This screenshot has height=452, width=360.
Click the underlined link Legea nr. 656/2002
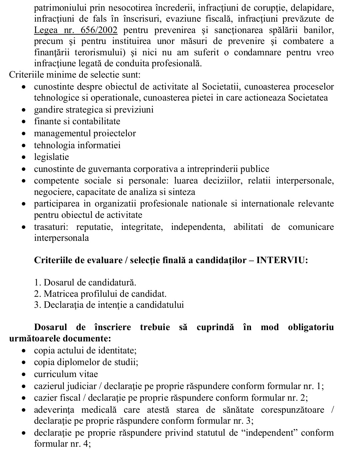[x=76, y=30]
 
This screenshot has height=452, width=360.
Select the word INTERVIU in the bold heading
[x=282, y=260]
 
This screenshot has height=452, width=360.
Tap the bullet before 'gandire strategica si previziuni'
[x=24, y=110]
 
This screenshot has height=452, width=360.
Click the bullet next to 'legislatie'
[x=24, y=157]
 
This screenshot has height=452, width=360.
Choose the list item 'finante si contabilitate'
[x=77, y=121]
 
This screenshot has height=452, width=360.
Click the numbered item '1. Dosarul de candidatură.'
[x=85, y=282]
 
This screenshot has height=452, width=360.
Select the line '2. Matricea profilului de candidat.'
[x=100, y=294]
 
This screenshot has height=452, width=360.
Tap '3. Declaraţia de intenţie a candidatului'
[x=109, y=305]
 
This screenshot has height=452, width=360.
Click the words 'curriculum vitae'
[x=66, y=374]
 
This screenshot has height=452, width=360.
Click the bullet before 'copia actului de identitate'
[x=24, y=351]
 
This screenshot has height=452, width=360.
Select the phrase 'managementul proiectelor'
[x=85, y=133]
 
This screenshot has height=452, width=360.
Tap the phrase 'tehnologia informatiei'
[x=77, y=145]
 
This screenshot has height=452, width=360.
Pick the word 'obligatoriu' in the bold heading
[x=311, y=327]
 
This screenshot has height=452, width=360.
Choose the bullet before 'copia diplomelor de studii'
[x=24, y=362]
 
